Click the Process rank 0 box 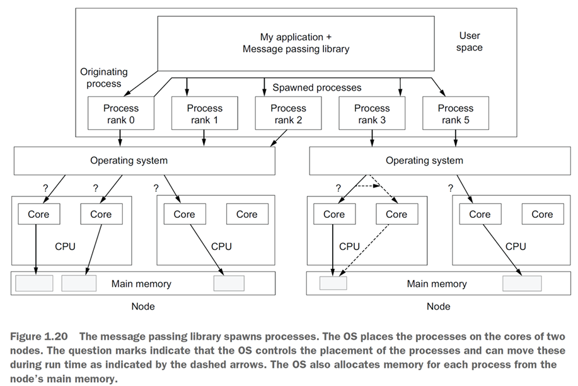click(x=121, y=114)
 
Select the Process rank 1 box click(x=204, y=114)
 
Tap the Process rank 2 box click(x=288, y=114)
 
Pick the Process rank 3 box click(x=372, y=114)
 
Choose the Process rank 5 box click(x=455, y=114)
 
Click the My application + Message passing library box click(x=296, y=43)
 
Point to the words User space click(x=470, y=42)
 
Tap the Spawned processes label click(x=316, y=88)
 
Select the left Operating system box click(x=144, y=161)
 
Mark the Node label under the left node click(x=142, y=307)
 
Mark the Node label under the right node click(x=438, y=307)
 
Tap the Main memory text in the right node click(x=437, y=283)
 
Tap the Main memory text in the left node click(x=141, y=283)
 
